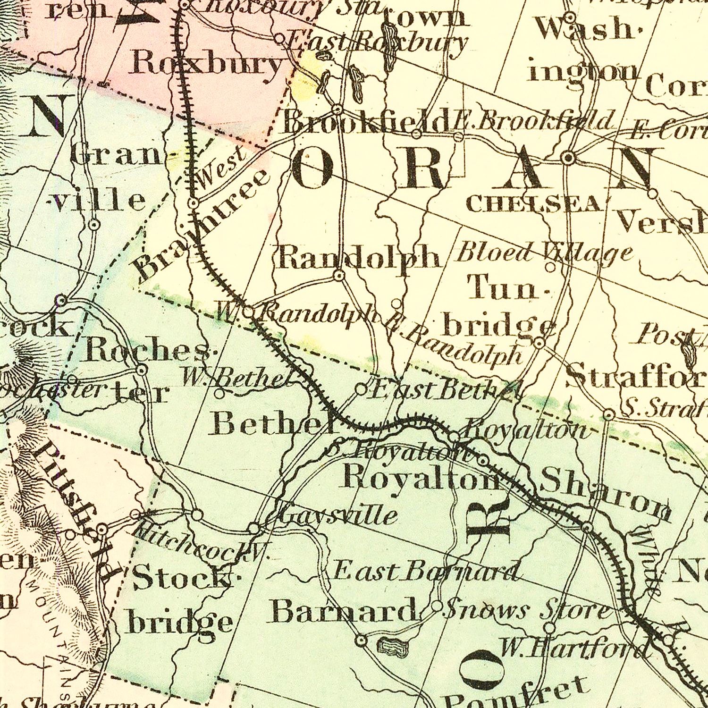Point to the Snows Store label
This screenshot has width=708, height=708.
pos(527,610)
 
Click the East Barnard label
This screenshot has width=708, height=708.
pos(426,571)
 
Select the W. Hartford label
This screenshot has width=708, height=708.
pos(572,649)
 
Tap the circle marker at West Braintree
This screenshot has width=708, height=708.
pos(194,203)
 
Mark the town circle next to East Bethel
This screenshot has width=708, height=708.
pos(361,389)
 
